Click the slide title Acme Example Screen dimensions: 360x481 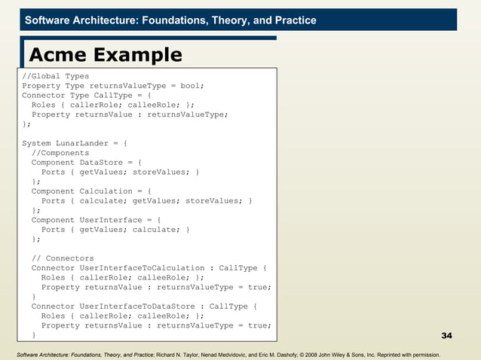click(x=106, y=55)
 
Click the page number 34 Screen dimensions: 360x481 click(x=446, y=334)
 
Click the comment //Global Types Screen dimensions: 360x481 click(x=55, y=76)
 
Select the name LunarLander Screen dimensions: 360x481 click(x=85, y=143)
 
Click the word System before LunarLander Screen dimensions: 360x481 click(x=37, y=143)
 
